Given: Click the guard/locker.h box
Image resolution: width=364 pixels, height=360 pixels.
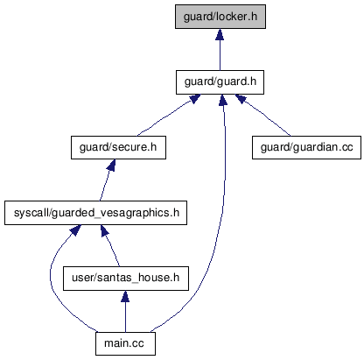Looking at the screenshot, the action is click(x=220, y=17).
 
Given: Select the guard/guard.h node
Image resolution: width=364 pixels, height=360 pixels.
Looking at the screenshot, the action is click(x=220, y=82).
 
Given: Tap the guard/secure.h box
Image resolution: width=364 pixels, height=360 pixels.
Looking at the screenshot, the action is click(x=118, y=147).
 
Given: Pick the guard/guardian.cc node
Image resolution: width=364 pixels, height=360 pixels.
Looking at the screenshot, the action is click(x=306, y=147).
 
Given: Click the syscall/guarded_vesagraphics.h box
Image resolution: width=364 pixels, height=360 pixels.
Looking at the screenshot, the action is click(x=95, y=213).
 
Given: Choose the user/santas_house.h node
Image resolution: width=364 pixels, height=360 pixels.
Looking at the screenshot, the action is click(x=126, y=279).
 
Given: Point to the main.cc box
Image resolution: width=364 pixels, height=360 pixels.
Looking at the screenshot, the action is click(x=125, y=343).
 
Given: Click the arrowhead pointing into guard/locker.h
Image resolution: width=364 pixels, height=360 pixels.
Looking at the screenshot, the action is click(x=220, y=34).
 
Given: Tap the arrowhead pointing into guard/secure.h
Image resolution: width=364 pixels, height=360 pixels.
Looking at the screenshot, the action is click(x=111, y=166).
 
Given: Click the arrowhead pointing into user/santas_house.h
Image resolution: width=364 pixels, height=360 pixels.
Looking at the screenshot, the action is click(x=125, y=296).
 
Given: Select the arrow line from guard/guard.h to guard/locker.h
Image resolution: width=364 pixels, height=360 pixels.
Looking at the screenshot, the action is click(x=220, y=49).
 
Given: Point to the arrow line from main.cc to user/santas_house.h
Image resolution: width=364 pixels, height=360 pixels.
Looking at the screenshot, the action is click(x=125, y=311).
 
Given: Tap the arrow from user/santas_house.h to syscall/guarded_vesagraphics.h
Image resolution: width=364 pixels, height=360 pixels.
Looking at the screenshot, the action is click(x=110, y=245).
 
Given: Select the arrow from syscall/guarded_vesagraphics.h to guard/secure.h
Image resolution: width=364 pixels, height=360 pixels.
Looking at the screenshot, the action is click(x=106, y=180).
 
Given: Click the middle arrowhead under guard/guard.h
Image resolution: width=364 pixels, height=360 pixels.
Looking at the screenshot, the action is click(x=223, y=100).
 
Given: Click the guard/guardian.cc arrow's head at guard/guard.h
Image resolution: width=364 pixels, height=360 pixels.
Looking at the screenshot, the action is click(x=241, y=99).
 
